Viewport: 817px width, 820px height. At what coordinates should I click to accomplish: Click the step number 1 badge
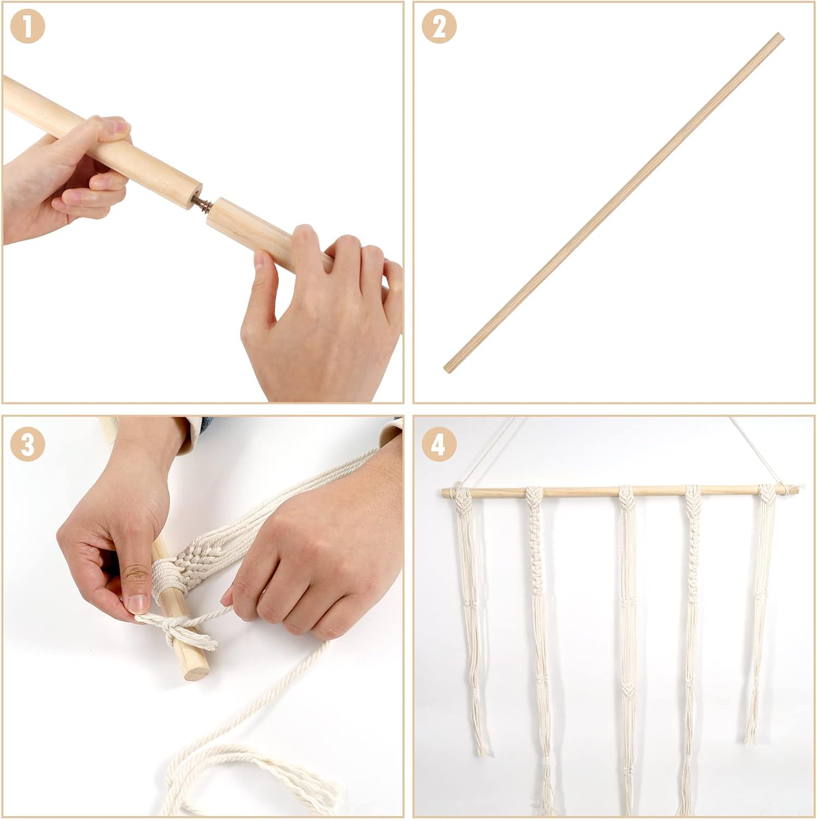point(27,28)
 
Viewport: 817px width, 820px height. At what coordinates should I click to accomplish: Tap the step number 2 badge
point(438,28)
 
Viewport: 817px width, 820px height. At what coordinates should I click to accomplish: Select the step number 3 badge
point(27,444)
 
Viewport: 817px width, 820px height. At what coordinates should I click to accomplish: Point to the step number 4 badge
point(438,444)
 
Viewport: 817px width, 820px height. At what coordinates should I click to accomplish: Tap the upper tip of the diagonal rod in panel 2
point(780,37)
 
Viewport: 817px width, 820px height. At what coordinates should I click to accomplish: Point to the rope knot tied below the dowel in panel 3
point(178,629)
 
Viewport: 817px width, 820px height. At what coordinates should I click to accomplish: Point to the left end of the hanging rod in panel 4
point(443,493)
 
